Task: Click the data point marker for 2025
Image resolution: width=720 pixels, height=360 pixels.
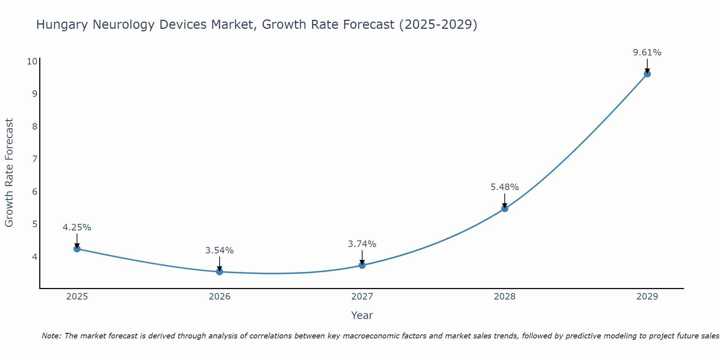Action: coord(77,248)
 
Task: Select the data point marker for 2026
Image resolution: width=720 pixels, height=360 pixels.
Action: coord(220,271)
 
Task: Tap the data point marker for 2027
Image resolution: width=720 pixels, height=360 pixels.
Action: coord(362,265)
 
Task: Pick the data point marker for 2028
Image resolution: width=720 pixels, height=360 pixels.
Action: coord(505,208)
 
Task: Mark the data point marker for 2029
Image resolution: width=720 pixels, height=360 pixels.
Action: coord(647,74)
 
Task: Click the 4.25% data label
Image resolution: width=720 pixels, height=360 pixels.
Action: coord(77,228)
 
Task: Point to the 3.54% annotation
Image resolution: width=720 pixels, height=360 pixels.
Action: coord(220,251)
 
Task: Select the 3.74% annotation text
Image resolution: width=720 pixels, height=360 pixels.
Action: coord(362,244)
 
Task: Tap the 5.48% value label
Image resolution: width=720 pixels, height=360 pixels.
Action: coord(505,187)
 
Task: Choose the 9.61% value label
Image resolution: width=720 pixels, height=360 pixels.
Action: coord(647,53)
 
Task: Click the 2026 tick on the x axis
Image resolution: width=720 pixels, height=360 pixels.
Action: coord(220,297)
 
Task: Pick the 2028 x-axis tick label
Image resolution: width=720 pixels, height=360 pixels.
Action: coord(505,297)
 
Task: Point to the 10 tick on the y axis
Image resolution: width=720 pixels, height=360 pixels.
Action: coord(32,61)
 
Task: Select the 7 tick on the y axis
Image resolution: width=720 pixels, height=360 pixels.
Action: coord(35,159)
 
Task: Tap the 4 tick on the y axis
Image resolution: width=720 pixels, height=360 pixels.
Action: coord(35,257)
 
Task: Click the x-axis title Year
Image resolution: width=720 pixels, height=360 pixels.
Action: coord(362,315)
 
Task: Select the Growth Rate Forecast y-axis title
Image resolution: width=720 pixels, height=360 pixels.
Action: coord(9,172)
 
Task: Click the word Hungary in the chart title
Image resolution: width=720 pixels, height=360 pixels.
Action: coord(62,25)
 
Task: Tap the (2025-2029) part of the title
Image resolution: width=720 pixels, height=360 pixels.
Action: coord(438,25)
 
